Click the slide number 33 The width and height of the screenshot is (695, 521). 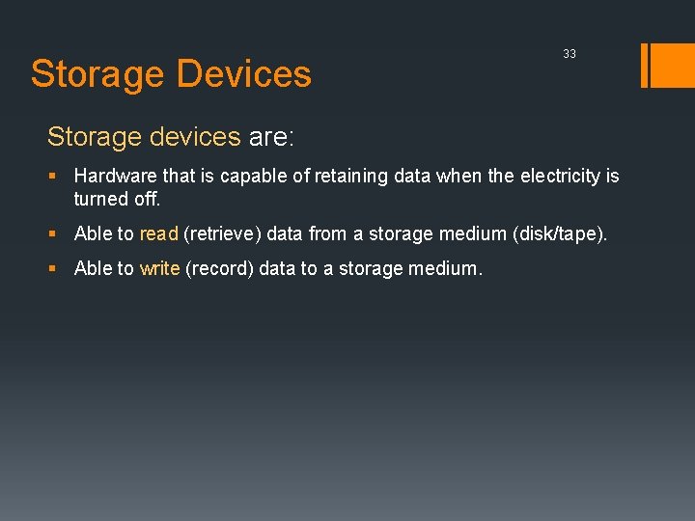tap(570, 54)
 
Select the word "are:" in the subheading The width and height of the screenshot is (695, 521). tap(271, 137)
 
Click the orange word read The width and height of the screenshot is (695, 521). tap(159, 233)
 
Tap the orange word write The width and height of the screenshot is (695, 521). tap(159, 268)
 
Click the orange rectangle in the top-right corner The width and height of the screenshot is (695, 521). tap(673, 66)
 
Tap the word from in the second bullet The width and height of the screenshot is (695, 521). tap(327, 233)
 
